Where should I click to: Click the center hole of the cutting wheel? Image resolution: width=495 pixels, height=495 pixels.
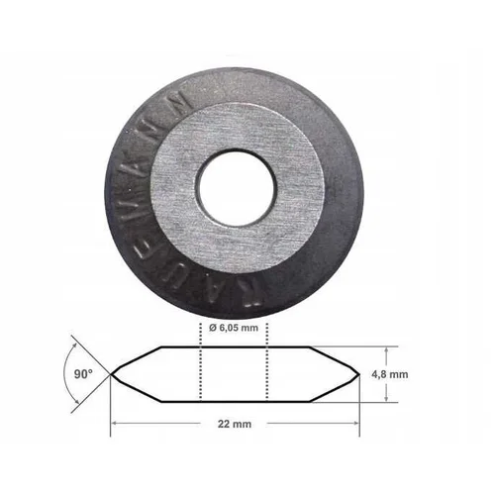click(x=236, y=189)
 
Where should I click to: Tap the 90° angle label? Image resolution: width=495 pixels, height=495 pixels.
click(x=83, y=374)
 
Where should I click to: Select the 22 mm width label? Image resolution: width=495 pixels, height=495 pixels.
click(x=235, y=424)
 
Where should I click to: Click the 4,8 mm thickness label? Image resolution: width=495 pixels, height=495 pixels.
click(x=390, y=374)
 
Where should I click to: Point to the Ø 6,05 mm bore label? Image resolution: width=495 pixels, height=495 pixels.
click(x=234, y=328)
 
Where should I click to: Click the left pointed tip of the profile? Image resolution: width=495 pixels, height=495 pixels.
click(x=111, y=374)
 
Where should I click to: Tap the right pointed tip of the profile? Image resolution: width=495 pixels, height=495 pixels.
click(x=358, y=374)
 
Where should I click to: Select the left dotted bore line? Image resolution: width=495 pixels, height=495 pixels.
click(x=200, y=361)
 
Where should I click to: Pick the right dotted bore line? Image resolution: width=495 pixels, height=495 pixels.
click(x=267, y=361)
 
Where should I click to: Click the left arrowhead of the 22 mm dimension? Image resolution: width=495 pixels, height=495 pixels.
click(x=114, y=423)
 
